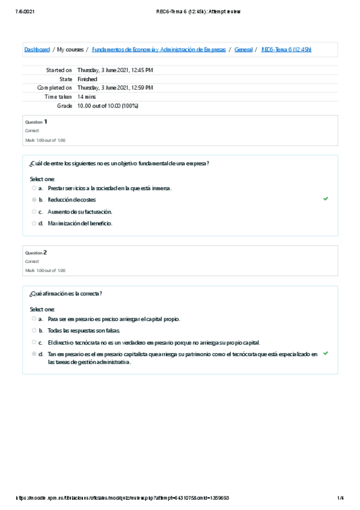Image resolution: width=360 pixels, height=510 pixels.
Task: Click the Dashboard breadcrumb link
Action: pyautogui.click(x=37, y=49)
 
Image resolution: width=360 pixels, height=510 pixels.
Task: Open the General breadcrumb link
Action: pyautogui.click(x=243, y=49)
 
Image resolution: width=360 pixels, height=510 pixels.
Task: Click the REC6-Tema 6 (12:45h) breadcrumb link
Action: pyautogui.click(x=286, y=49)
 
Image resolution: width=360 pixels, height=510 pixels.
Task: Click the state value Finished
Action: pyautogui.click(x=87, y=79)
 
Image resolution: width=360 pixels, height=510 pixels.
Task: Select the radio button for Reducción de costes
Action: pyautogui.click(x=34, y=200)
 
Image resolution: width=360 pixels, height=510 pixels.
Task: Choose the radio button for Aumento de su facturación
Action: pyautogui.click(x=34, y=212)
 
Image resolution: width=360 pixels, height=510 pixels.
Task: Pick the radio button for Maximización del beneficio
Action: pyautogui.click(x=34, y=224)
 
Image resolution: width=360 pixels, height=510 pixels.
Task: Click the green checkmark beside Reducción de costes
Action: pyautogui.click(x=325, y=198)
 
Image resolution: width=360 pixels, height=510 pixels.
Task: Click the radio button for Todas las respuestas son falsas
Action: pyautogui.click(x=34, y=331)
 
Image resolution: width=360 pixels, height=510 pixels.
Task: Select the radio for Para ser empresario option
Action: pyautogui.click(x=34, y=319)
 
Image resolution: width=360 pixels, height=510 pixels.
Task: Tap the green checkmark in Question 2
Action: pyautogui.click(x=325, y=354)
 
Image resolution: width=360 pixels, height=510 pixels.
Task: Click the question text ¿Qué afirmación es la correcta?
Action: pyautogui.click(x=66, y=293)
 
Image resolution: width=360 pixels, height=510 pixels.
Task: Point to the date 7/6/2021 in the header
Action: pyautogui.click(x=22, y=12)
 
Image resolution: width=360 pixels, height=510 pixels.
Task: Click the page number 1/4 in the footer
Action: pyautogui.click(x=340, y=498)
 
